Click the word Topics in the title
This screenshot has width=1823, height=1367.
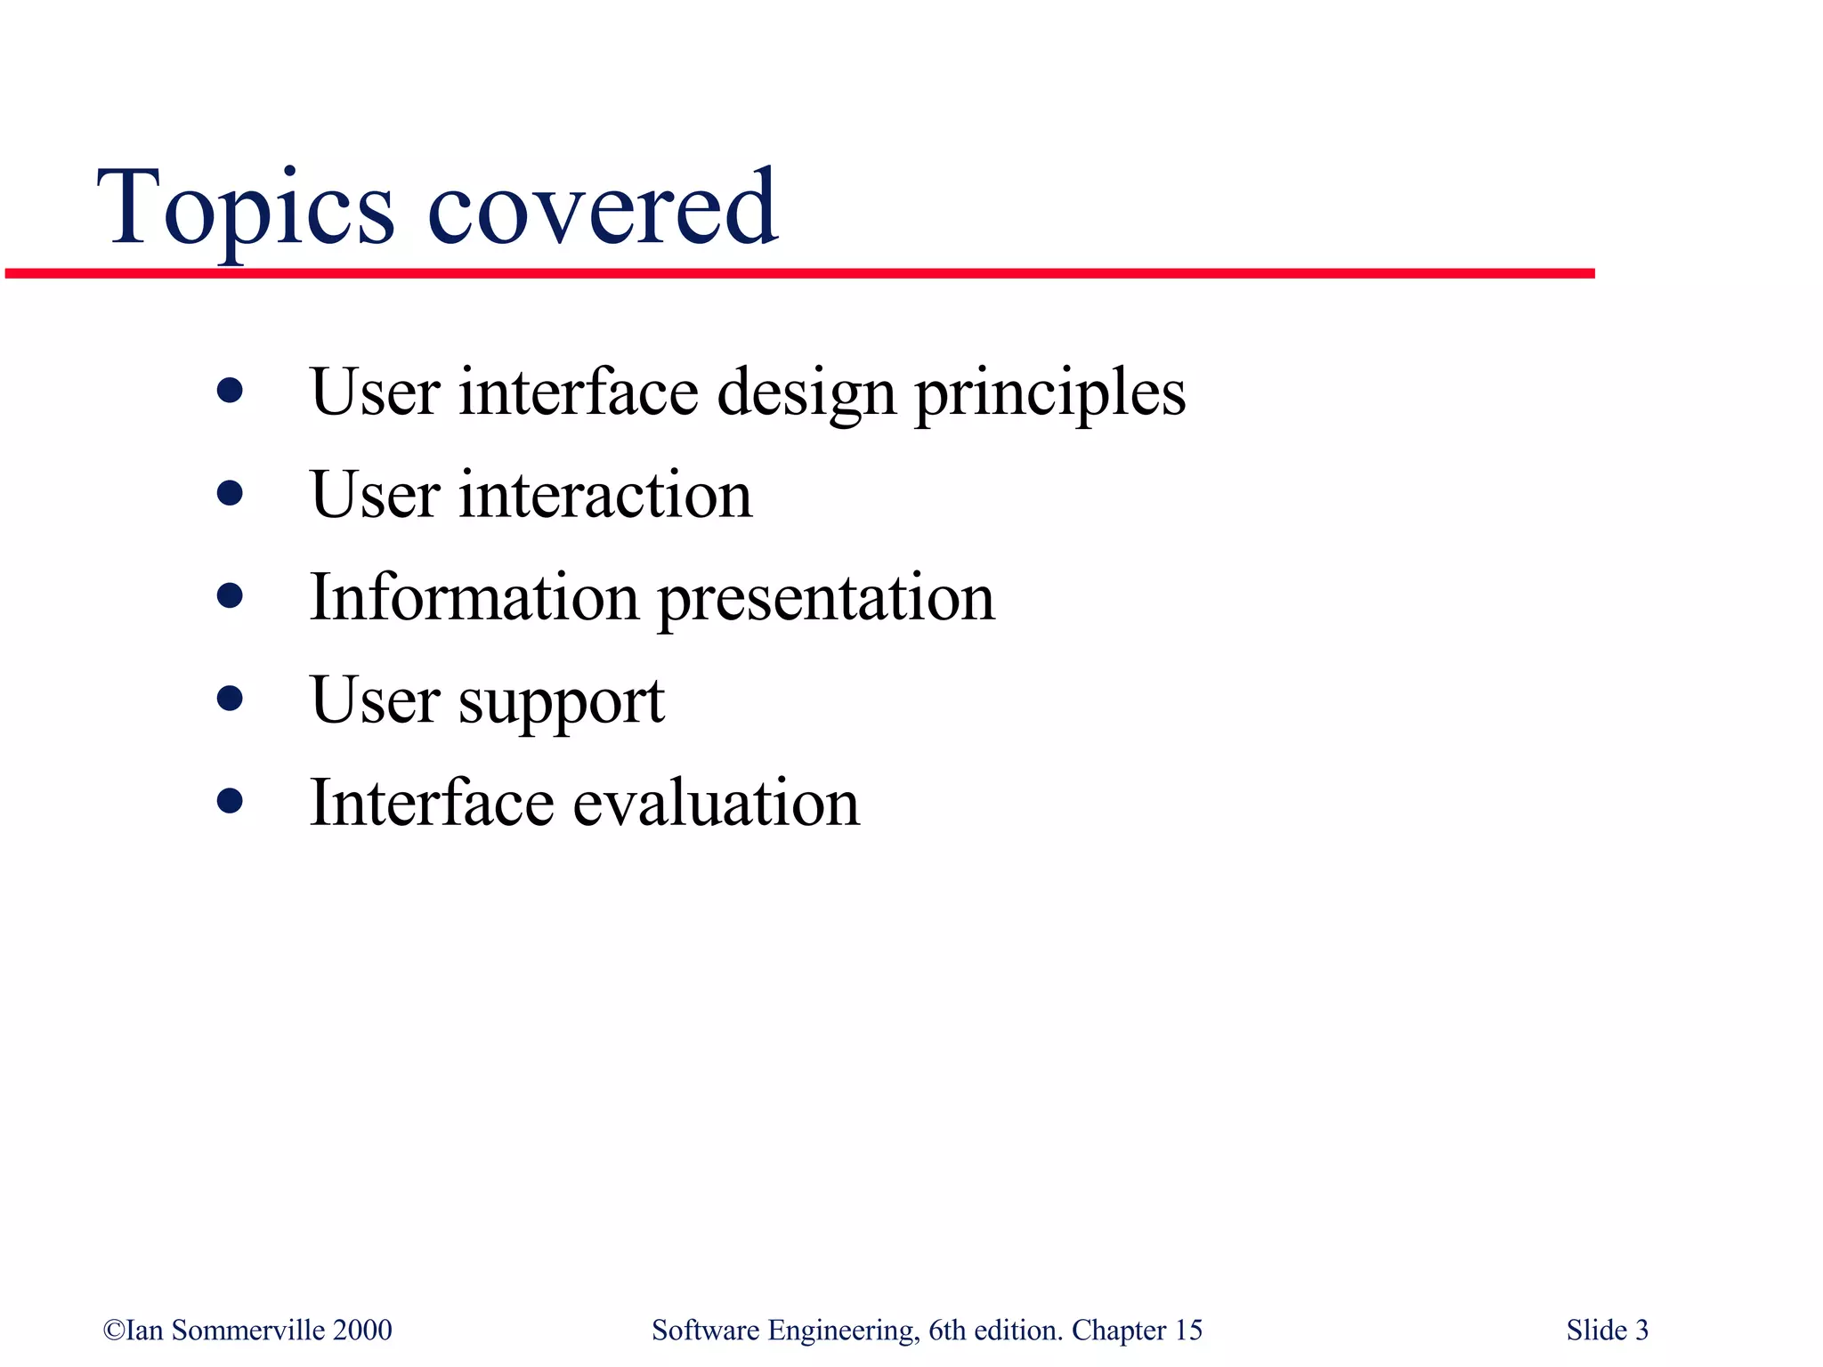245,209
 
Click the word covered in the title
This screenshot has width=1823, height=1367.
603,209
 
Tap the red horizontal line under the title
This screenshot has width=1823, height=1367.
801,273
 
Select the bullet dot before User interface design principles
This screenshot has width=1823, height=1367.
230,391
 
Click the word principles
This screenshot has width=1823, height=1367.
1050,393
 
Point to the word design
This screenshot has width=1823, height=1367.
806,393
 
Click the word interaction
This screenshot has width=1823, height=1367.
605,495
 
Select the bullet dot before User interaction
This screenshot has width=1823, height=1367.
230,493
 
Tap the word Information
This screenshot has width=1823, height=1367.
474,596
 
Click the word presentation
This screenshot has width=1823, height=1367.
826,600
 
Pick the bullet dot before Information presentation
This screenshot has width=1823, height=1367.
230,595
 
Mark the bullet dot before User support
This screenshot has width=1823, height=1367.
230,698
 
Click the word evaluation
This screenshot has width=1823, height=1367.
716,803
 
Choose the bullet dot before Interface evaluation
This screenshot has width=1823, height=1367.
230,800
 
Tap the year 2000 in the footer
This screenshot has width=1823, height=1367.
362,1331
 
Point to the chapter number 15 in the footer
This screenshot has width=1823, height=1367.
1188,1331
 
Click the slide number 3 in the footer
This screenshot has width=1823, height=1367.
1641,1331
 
